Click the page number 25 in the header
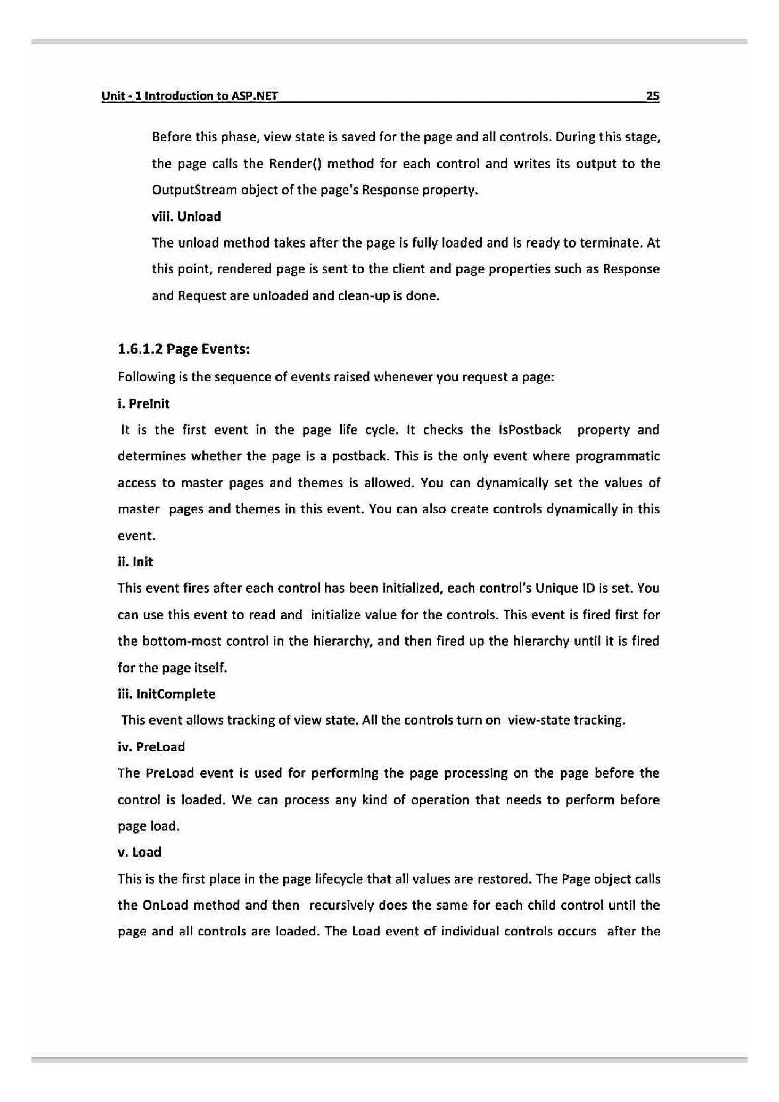[x=652, y=96]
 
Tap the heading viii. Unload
[x=186, y=216]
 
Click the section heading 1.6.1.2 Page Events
[x=183, y=349]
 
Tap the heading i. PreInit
[x=143, y=404]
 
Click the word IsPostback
[x=529, y=430]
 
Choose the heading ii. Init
[x=135, y=562]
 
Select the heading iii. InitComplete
[x=167, y=694]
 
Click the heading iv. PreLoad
[x=151, y=746]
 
